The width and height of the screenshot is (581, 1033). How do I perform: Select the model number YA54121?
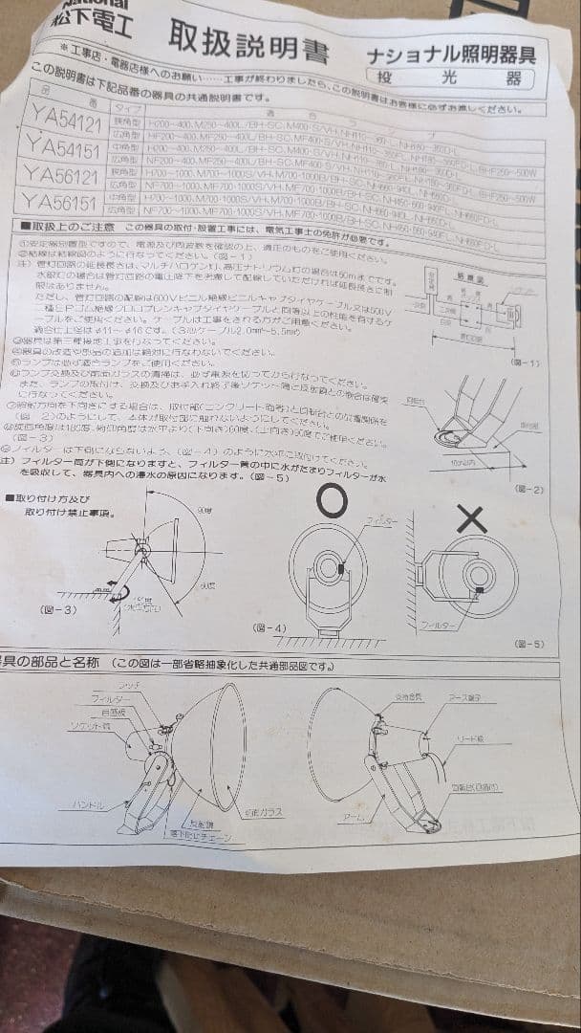click(64, 123)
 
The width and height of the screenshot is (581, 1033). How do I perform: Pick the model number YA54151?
click(64, 147)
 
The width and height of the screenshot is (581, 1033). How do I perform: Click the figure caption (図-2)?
click(528, 489)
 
